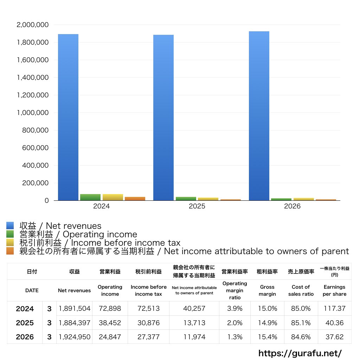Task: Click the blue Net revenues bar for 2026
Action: tap(259, 116)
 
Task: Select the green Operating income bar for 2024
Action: tap(90, 197)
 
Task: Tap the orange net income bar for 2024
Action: tap(135, 199)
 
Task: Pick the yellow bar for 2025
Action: tap(208, 199)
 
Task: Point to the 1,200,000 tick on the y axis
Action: tap(33, 95)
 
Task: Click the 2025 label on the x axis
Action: tap(197, 206)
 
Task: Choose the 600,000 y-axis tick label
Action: tap(36, 148)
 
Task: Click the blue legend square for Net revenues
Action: tap(10, 226)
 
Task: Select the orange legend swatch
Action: tap(10, 251)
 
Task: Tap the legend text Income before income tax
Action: tap(126, 243)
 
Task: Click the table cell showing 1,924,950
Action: tap(75, 337)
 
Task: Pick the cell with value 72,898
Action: tap(110, 308)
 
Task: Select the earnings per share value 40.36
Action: tap(335, 323)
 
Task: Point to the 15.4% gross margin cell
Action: tap(268, 337)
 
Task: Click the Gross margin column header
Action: tap(267, 290)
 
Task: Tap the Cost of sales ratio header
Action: tap(301, 290)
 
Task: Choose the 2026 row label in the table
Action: tap(25, 337)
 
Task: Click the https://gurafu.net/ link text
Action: tap(300, 353)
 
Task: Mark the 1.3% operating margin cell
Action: tap(234, 337)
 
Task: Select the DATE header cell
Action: tap(32, 290)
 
